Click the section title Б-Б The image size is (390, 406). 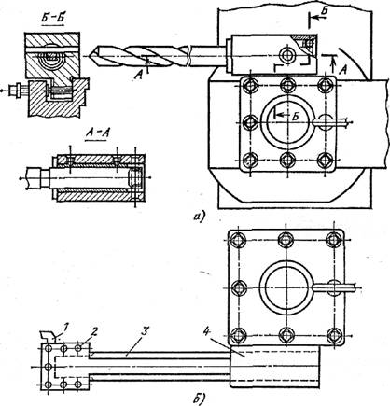click(53, 20)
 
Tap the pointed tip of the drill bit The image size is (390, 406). click(90, 56)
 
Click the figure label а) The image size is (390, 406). click(198, 216)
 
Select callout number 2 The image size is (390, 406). click(94, 332)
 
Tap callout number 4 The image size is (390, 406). click(206, 331)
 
